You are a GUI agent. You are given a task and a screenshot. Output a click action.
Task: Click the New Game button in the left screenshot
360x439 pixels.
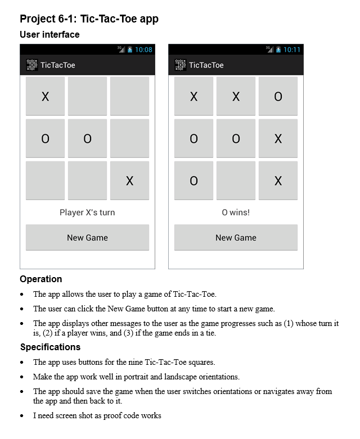[x=87, y=238]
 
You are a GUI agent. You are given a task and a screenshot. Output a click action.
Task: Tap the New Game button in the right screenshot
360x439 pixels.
[x=236, y=238]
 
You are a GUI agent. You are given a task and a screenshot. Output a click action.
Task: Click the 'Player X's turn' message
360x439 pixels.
[x=87, y=212]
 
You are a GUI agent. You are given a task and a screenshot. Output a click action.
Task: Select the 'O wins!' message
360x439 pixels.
[x=236, y=212]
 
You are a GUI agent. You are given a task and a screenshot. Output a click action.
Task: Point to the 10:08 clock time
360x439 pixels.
[x=143, y=49]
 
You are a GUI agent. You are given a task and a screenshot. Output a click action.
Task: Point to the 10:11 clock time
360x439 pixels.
[x=292, y=49]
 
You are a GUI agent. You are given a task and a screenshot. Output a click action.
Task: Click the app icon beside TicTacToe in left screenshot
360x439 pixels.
[x=31, y=65]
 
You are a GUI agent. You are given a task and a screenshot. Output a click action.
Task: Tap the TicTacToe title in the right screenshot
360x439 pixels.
[x=206, y=65]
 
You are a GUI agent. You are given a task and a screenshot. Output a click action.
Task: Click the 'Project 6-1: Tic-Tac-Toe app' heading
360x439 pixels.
[x=89, y=19]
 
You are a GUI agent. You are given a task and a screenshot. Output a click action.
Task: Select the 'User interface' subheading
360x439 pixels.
[x=49, y=35]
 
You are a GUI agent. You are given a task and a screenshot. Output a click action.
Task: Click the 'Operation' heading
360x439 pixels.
[x=40, y=279]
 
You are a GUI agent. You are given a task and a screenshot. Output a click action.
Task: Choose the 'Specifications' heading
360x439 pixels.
[x=50, y=347]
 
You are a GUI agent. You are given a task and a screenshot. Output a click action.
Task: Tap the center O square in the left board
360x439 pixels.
[x=87, y=138]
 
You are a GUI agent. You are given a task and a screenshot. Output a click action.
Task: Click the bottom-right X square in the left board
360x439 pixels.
[x=129, y=180]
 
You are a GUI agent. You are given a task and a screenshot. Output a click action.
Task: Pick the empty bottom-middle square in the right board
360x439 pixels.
[x=236, y=180]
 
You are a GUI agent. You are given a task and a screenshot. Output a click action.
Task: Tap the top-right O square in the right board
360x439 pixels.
[x=278, y=96]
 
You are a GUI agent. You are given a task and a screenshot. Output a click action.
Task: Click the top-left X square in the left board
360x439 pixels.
[x=45, y=96]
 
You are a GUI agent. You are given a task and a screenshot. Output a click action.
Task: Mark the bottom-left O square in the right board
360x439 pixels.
[x=193, y=180]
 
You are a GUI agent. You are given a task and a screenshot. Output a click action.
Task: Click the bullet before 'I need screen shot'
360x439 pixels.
[x=22, y=416]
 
